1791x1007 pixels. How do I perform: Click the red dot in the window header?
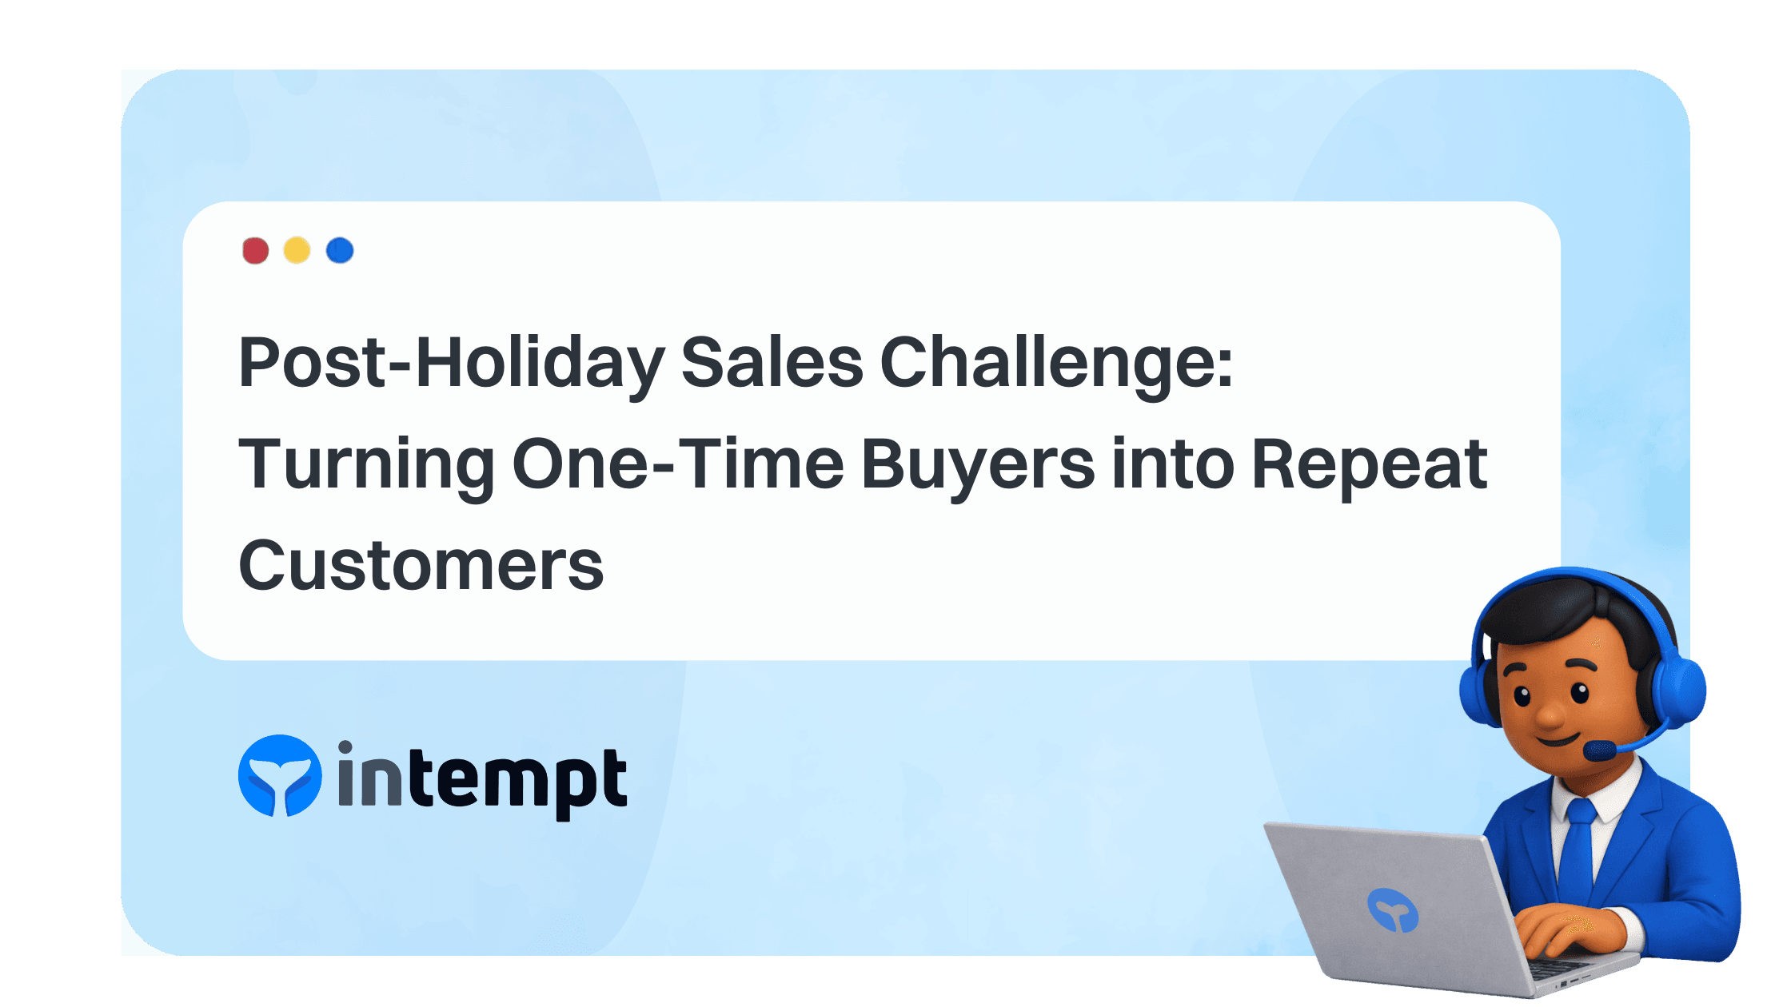(255, 250)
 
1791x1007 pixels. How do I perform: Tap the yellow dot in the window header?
(297, 250)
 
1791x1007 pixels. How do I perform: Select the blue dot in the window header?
(340, 250)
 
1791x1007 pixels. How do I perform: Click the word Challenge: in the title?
(1056, 364)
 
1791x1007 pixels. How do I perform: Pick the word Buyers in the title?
(978, 464)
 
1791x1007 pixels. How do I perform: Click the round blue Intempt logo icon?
(280, 776)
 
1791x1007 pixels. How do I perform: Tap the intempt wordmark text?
(482, 779)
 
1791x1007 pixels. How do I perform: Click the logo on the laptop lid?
(1392, 909)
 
